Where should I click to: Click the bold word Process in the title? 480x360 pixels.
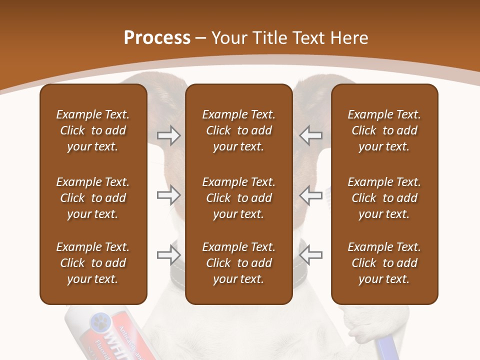point(157,38)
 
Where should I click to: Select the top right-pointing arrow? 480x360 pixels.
point(168,135)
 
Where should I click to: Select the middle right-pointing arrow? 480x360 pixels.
point(168,195)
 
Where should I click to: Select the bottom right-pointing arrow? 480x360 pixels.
point(168,255)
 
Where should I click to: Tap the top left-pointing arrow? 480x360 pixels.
point(311,135)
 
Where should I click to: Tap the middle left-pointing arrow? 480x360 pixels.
point(311,195)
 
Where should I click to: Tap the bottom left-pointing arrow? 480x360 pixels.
point(311,255)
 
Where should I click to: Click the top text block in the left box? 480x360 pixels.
point(93,130)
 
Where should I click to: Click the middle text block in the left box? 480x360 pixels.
point(93,198)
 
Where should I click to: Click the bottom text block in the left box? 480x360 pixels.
point(93,263)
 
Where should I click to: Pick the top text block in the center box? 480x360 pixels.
point(238,130)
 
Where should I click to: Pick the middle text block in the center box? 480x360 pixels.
point(238,198)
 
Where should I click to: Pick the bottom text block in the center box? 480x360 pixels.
point(238,263)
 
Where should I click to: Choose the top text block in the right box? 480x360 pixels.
point(384,130)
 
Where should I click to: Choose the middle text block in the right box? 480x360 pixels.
point(384,198)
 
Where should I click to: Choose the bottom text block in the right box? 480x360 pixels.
point(384,263)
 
